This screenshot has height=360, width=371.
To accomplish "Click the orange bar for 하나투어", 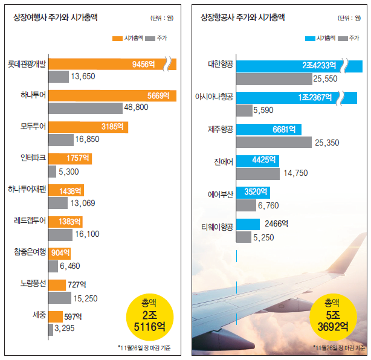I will pyautogui.click(x=112, y=95).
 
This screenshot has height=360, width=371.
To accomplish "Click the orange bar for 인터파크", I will pyautogui.click(x=69, y=158).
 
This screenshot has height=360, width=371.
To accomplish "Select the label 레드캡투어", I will pyautogui.click(x=28, y=222).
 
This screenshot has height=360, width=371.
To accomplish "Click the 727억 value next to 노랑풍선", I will pyautogui.click(x=77, y=284).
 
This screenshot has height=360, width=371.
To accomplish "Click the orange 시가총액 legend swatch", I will pyautogui.click(x=117, y=38).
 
